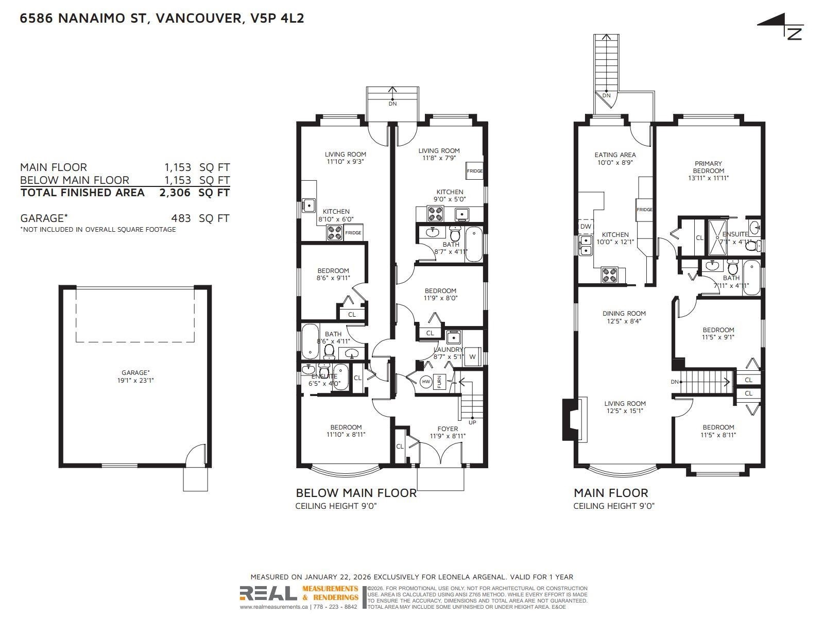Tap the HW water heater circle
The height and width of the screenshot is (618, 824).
[x=426, y=382]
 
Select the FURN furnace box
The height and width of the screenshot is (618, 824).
[x=439, y=382]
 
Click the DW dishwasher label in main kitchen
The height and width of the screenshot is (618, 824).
[x=586, y=227]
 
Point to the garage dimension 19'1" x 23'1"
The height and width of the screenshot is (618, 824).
[x=135, y=381]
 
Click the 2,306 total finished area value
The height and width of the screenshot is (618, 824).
[x=175, y=193]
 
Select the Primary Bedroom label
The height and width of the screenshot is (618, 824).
[x=708, y=167]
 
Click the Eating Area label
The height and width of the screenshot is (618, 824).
[x=615, y=154]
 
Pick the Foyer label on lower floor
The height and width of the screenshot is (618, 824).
[x=448, y=428]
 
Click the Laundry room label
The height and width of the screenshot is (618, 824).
[x=448, y=350]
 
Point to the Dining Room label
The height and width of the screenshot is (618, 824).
[x=624, y=313]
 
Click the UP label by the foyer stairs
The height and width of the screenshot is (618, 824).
[x=472, y=422]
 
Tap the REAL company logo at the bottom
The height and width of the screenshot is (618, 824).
[x=268, y=593]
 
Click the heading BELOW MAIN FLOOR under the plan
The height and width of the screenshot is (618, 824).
[x=356, y=493]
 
